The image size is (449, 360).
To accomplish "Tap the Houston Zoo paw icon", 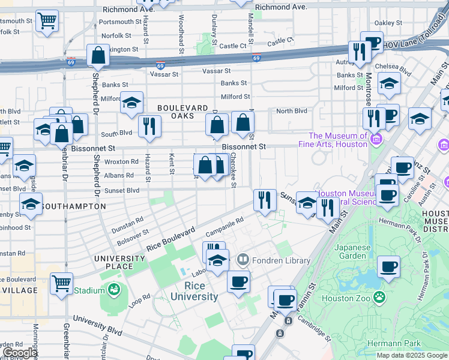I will click(379, 296).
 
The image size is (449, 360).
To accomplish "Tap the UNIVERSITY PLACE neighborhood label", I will click(121, 262).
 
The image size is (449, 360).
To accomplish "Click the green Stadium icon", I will click(113, 290).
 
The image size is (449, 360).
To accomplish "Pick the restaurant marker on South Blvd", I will click(148, 126).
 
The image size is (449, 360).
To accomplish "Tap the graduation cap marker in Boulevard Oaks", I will click(131, 103).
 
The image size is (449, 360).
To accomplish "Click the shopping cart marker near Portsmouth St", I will click(46, 21).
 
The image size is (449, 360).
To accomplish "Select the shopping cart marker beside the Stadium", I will click(61, 283).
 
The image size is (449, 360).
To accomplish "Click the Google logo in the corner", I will click(19, 353).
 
